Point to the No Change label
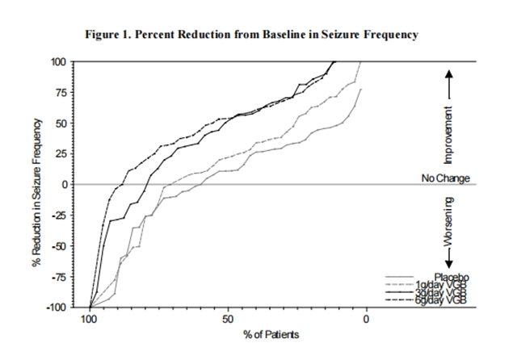pyautogui.click(x=445, y=178)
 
